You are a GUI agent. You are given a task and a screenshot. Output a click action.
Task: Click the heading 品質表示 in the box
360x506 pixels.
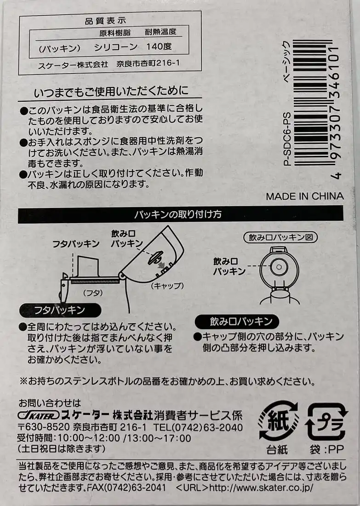(x=105, y=21)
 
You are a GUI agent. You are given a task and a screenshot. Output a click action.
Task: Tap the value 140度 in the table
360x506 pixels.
(x=159, y=46)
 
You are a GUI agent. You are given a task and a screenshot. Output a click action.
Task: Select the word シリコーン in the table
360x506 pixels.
(x=116, y=47)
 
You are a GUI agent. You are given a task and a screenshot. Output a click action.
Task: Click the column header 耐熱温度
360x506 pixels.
(x=160, y=32)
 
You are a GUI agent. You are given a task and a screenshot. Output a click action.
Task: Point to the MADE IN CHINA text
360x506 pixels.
(x=305, y=196)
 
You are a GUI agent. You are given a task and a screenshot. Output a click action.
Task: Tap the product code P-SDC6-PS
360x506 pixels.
(x=287, y=139)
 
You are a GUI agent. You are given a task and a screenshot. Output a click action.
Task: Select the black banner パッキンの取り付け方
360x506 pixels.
(x=180, y=215)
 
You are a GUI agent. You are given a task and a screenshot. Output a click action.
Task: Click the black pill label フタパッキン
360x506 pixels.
(x=60, y=310)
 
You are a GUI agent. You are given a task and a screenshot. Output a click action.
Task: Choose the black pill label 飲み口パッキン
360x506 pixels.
(x=237, y=322)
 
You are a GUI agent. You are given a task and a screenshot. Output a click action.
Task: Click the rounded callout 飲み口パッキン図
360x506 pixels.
(x=280, y=237)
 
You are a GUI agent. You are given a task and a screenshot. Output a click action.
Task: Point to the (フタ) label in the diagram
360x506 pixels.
(x=93, y=293)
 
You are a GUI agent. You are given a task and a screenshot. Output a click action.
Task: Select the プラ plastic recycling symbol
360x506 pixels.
(x=326, y=421)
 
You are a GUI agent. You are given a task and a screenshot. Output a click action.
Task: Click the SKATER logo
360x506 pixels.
(x=39, y=415)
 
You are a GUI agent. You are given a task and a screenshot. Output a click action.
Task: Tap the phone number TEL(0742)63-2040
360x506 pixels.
(x=198, y=427)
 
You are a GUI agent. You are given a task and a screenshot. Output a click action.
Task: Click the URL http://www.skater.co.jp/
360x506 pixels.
(x=261, y=487)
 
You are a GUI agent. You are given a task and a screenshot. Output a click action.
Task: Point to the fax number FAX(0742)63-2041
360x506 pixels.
(x=126, y=487)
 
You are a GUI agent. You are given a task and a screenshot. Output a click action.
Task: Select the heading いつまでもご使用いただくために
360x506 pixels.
(x=111, y=91)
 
